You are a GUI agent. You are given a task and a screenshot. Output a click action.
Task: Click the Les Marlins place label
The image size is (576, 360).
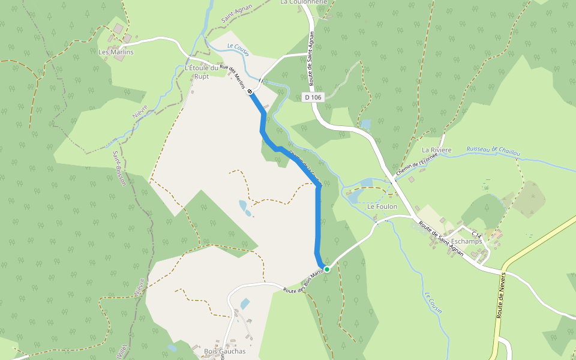tap(116, 52)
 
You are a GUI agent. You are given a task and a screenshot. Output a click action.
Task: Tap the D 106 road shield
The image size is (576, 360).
tap(313, 97)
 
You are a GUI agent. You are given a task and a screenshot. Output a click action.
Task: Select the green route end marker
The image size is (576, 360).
tap(327, 269)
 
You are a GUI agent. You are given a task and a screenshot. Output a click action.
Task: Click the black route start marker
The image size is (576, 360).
tap(250, 91)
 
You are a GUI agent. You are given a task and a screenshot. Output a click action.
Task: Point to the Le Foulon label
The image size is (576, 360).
tap(382, 206)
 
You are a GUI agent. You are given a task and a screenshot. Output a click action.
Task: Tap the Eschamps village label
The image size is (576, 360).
tap(466, 241)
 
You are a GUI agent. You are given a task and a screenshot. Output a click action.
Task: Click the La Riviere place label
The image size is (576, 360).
tap(437, 149)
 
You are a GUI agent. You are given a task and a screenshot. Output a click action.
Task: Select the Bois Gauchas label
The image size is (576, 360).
tap(225, 352)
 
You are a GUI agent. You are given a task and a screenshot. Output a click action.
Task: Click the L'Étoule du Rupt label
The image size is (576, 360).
tap(201, 72)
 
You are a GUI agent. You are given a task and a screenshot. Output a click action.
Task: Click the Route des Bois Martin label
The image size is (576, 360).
tap(304, 283)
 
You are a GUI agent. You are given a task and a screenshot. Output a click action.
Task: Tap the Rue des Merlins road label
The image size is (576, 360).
tap(232, 76)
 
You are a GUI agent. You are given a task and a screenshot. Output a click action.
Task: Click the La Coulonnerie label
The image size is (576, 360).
tap(304, 2)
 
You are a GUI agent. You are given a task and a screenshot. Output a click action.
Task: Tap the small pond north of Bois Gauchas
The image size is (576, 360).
tap(244, 304)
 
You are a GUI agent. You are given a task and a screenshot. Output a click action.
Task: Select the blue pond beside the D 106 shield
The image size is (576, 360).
tap(365, 125)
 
